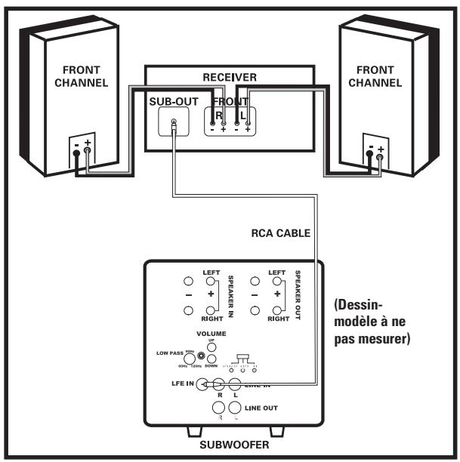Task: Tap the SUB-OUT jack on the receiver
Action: click(x=174, y=123)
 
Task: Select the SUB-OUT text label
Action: click(x=174, y=100)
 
